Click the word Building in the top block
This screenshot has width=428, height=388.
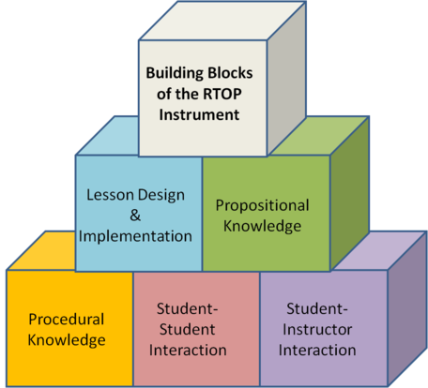pos(175,73)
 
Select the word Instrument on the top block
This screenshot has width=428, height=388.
pos(199,114)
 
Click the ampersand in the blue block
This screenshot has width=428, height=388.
pos(135,216)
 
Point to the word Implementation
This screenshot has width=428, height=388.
pos(135,236)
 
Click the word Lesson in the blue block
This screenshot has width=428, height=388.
pos(110,195)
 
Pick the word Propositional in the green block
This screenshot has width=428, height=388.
pos(262,206)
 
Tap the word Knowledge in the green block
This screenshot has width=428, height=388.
pos(262,226)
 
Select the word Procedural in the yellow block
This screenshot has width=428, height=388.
pos(67,320)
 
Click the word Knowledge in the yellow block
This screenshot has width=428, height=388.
pos(67,340)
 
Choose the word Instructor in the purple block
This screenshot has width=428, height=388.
pos(317,330)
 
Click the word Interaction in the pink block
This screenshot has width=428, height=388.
pos(188,351)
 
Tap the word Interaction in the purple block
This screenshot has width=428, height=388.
pos(317,351)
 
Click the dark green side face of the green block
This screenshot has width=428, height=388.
pos(350,194)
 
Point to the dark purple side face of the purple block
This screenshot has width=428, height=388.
pos(407,309)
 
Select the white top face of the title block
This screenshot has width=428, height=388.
pos(222,22)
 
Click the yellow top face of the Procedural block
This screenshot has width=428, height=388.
pos(41,250)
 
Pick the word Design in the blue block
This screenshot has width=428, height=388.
pos(161,196)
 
